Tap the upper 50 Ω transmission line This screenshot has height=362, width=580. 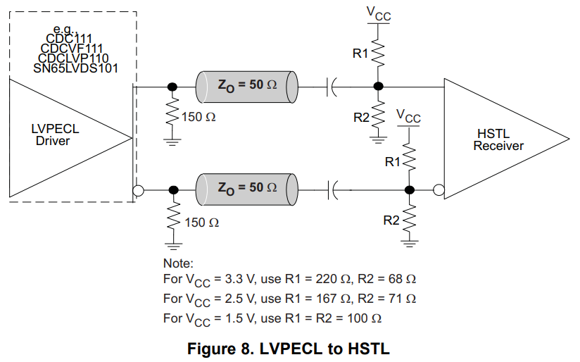[247, 86]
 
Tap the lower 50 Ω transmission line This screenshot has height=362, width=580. [247, 189]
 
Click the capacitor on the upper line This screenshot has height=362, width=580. [332, 86]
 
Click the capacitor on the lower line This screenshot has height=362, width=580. [332, 189]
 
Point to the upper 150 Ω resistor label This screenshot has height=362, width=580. [198, 118]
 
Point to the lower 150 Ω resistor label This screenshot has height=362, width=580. [201, 223]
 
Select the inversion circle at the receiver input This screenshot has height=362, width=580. [439, 189]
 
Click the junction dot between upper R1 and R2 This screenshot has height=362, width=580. [378, 86]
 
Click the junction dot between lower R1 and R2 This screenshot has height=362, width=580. [410, 189]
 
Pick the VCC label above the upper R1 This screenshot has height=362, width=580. [379, 15]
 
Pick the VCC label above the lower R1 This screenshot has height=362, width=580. [409, 116]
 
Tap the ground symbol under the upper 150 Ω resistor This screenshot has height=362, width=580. [171, 140]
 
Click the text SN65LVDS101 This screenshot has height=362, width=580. [75, 68]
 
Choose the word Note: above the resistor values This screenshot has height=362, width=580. [177, 263]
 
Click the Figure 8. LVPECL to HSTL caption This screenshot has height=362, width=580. [289, 349]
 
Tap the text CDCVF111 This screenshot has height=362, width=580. [72, 48]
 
